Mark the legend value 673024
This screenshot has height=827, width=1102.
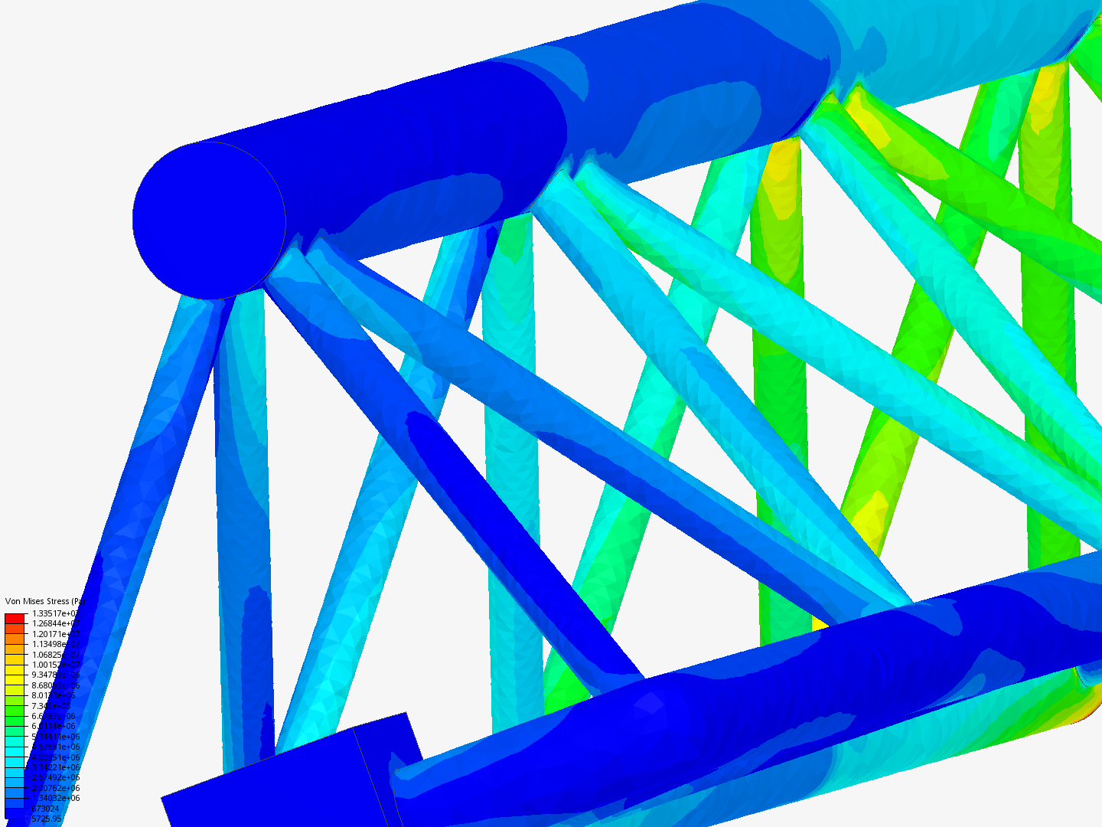click(x=45, y=809)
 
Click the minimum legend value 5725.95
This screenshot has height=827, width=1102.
click(x=46, y=819)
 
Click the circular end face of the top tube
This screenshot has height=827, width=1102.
click(x=209, y=221)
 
